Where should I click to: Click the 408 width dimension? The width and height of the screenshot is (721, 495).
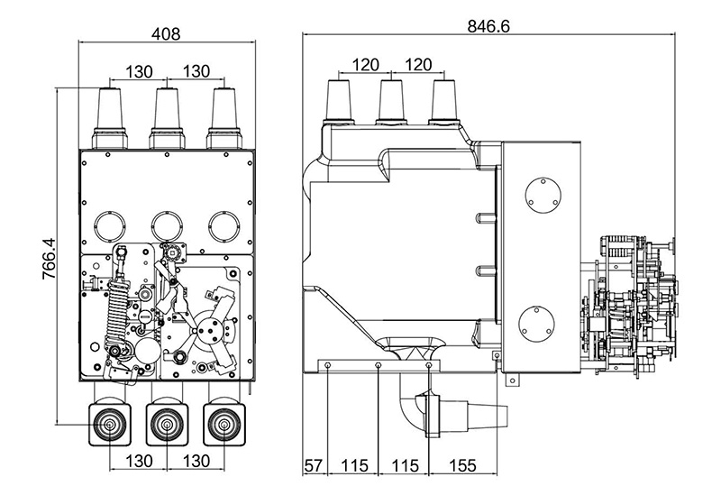click(166, 34)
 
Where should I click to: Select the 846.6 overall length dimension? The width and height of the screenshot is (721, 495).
click(489, 26)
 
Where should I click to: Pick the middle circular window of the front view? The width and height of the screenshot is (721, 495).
click(166, 223)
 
